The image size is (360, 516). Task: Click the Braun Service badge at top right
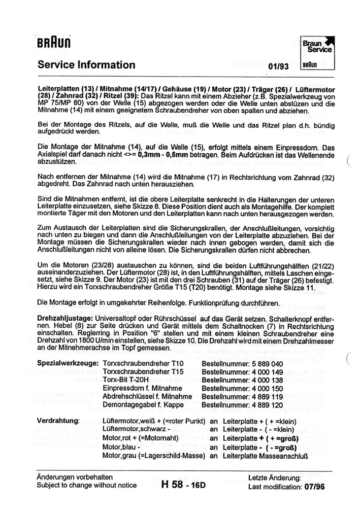(318, 52)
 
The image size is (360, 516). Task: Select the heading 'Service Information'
(86, 65)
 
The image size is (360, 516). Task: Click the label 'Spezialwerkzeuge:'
(69, 364)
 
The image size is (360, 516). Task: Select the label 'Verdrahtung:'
(58, 421)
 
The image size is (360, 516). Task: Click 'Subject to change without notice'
(86, 486)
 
